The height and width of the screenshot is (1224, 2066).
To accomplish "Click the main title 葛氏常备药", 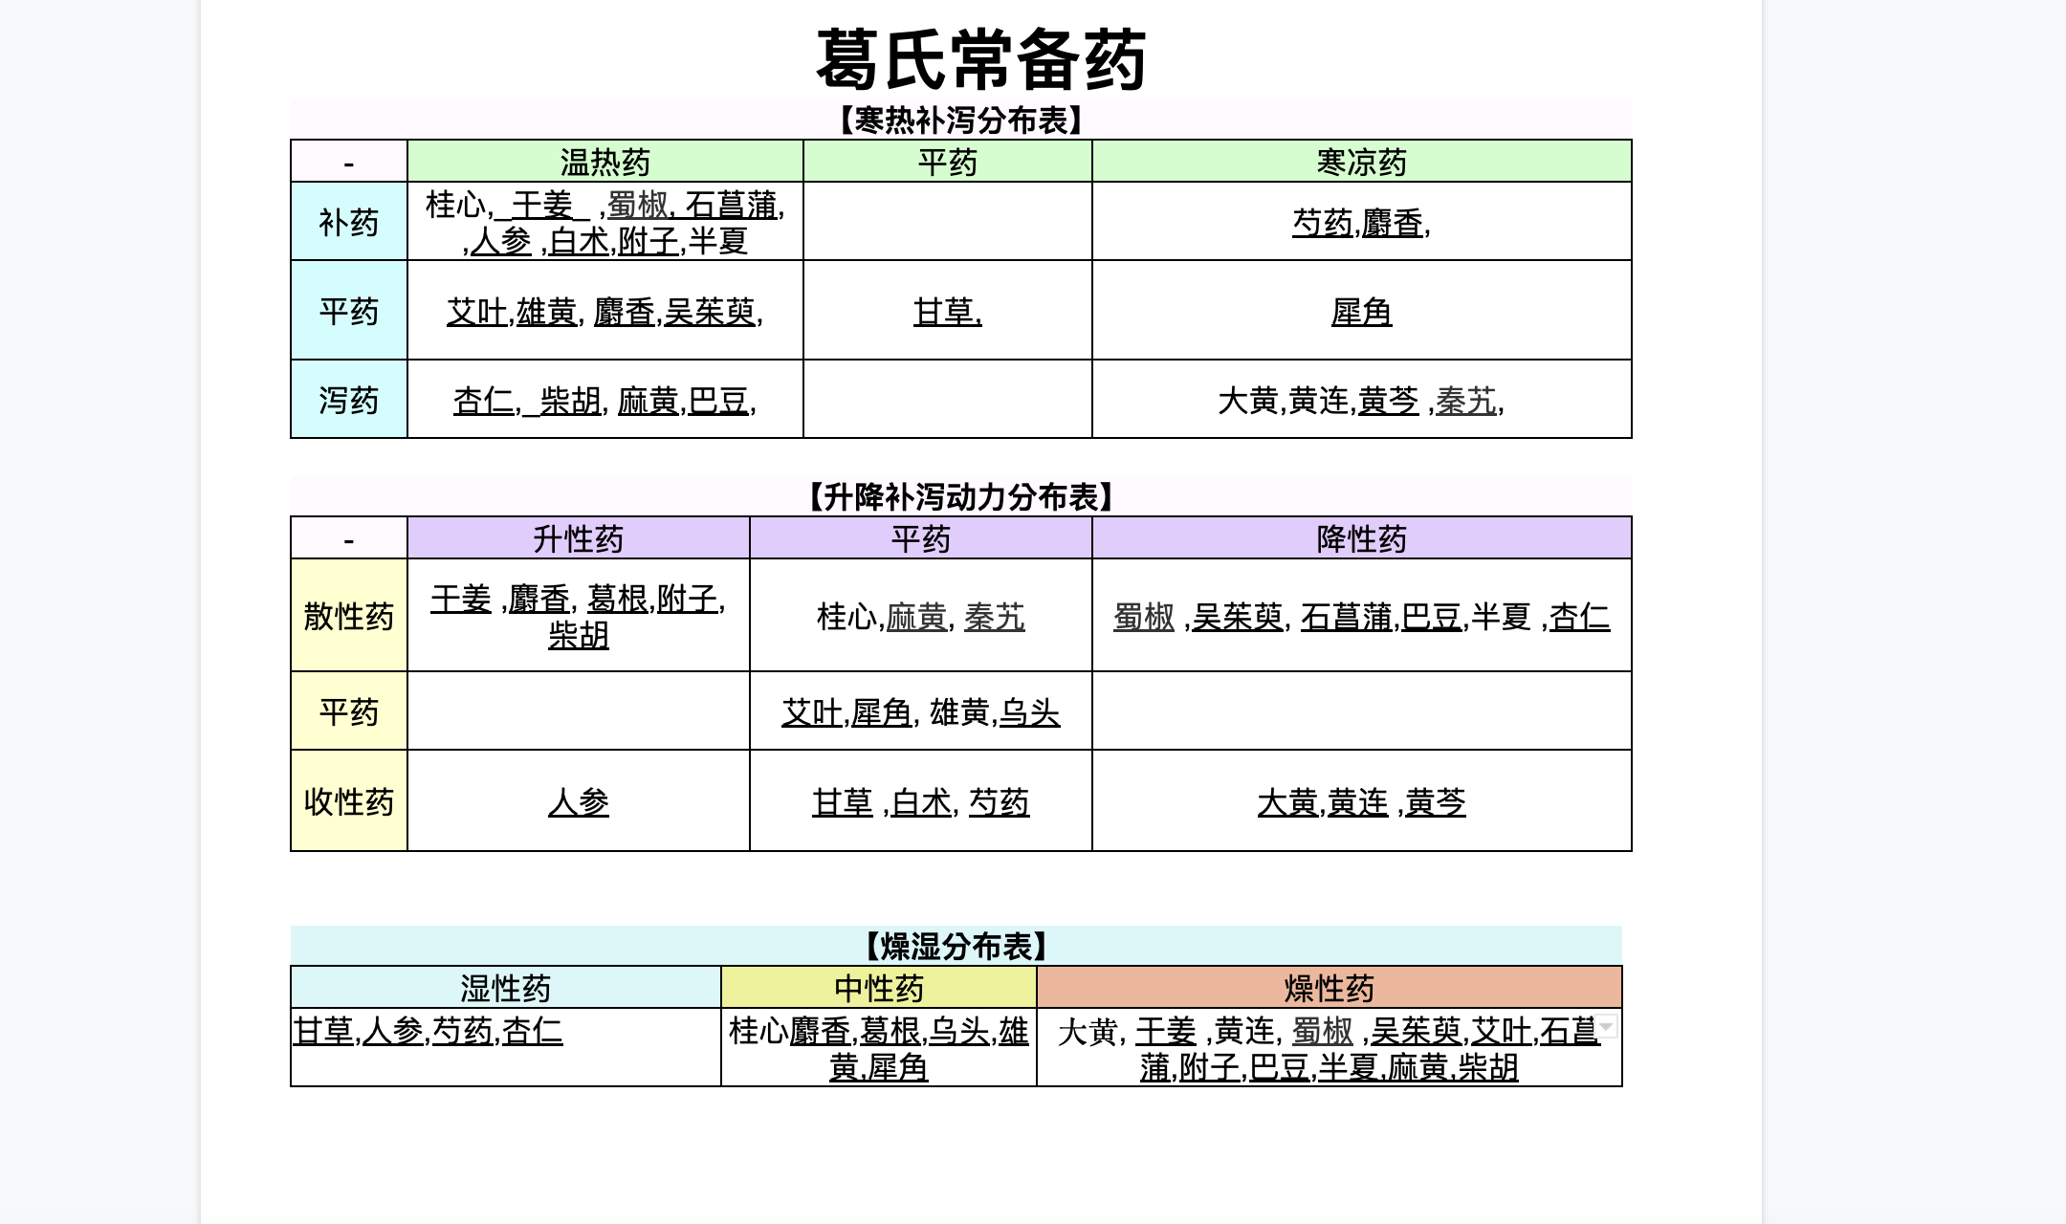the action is tap(981, 59).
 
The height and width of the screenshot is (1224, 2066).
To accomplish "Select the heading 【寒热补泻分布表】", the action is tap(961, 120).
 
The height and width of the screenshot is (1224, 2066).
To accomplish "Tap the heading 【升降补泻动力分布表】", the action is tap(961, 497).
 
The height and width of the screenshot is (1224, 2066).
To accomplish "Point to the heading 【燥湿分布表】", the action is tap(956, 947).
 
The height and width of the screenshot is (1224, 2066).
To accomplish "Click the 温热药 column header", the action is tap(605, 162).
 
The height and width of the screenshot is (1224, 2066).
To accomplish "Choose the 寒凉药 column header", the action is tap(1362, 162).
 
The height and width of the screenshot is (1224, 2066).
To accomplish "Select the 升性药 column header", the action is tap(579, 538).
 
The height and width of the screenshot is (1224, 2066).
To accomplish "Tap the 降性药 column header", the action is tap(1362, 538).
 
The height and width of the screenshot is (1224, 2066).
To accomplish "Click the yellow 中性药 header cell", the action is tap(879, 987).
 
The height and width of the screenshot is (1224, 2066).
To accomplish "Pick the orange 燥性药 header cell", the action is tap(1330, 987).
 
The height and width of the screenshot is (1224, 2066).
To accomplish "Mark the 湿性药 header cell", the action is tap(506, 987).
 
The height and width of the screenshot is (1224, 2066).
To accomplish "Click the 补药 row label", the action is tap(349, 222).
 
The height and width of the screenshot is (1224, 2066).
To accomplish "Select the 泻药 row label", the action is tap(349, 400).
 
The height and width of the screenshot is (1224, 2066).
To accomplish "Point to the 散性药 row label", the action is tap(349, 616).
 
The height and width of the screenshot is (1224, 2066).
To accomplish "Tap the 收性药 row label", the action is tap(349, 801).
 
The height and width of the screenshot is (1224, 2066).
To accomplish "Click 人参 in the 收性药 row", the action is tap(579, 801).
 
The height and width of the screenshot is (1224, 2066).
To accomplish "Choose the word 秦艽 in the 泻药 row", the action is tap(1466, 401).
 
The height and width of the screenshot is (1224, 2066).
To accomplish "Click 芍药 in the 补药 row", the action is tap(1323, 223).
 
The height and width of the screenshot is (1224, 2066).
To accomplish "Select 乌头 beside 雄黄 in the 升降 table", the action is tap(1030, 712).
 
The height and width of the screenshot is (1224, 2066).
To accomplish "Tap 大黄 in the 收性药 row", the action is tap(1288, 802).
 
